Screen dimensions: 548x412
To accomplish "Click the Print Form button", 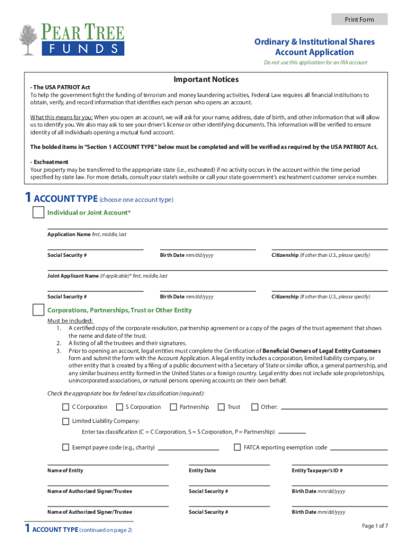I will pos(359,20).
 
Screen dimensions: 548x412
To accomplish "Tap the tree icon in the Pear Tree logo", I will pos(28,40).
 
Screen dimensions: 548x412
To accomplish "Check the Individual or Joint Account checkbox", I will pos(38,212).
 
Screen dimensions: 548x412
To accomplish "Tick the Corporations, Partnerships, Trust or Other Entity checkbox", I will pos(38,310).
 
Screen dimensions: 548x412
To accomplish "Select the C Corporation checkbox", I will pos(66,407).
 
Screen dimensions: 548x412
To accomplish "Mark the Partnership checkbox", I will pos(173,407).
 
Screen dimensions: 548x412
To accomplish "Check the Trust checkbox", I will pos(221,407).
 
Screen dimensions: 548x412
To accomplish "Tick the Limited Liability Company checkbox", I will pos(66,421).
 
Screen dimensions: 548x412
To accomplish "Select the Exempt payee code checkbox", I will pos(66,447).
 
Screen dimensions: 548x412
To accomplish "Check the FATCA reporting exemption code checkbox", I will pos(238,447).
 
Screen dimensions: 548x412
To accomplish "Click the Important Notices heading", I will pos(206,80).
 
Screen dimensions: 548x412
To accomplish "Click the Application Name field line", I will pos(217,229).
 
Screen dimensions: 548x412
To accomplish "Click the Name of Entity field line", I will pos(108,465).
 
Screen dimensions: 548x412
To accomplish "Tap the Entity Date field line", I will pos(229,465).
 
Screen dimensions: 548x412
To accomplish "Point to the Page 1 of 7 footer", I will pos(375,526).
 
